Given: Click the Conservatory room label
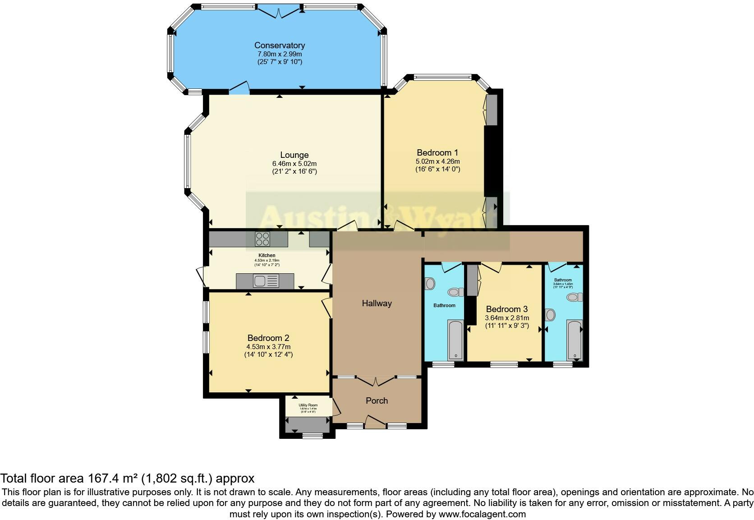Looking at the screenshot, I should pyautogui.click(x=280, y=45).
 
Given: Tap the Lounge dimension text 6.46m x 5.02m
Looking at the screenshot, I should pyautogui.click(x=294, y=163).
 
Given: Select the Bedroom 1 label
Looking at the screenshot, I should pyautogui.click(x=437, y=152).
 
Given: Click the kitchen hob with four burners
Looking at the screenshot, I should pyautogui.click(x=262, y=238).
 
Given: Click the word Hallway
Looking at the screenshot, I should pyautogui.click(x=377, y=303).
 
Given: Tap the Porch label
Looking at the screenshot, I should pyautogui.click(x=377, y=400).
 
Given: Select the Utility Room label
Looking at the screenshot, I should pyautogui.click(x=308, y=405).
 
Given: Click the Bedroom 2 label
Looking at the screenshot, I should pyautogui.click(x=268, y=338).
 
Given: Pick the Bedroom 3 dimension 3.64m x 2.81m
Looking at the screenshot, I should pyautogui.click(x=507, y=318).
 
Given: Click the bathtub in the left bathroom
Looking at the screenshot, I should pyautogui.click(x=455, y=341).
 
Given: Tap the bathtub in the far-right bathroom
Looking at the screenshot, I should pyautogui.click(x=575, y=341).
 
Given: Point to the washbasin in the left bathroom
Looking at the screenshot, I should pyautogui.click(x=430, y=284).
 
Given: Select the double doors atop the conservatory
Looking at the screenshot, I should pyautogui.click(x=280, y=11).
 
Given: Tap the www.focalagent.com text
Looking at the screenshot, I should pyautogui.click(x=482, y=514).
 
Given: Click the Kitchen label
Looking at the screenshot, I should pyautogui.click(x=267, y=255).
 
